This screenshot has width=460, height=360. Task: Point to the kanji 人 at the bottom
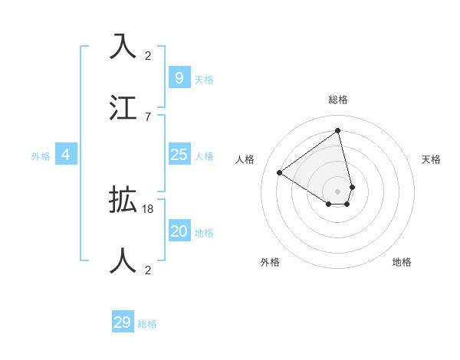[x=123, y=260]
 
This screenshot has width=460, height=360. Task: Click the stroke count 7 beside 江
[x=148, y=116]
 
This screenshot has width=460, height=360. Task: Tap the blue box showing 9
[x=179, y=77]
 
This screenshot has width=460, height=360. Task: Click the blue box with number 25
[x=179, y=155]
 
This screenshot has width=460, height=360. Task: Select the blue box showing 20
[x=179, y=231]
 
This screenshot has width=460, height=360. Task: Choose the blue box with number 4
[x=65, y=155]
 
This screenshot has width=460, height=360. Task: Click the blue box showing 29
[x=122, y=322]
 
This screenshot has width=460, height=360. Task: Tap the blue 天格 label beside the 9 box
[x=204, y=79]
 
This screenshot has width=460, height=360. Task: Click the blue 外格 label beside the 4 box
[x=41, y=156]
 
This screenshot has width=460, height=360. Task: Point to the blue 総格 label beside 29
[x=147, y=324]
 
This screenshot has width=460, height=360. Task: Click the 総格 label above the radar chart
[x=338, y=100]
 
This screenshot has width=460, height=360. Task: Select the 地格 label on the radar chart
[x=402, y=262]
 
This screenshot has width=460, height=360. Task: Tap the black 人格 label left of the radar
[x=245, y=159]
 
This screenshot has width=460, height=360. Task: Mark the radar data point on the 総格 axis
[x=338, y=130]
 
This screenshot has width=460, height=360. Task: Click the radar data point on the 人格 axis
[x=280, y=172]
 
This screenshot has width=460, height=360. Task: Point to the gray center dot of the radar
[x=338, y=191]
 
